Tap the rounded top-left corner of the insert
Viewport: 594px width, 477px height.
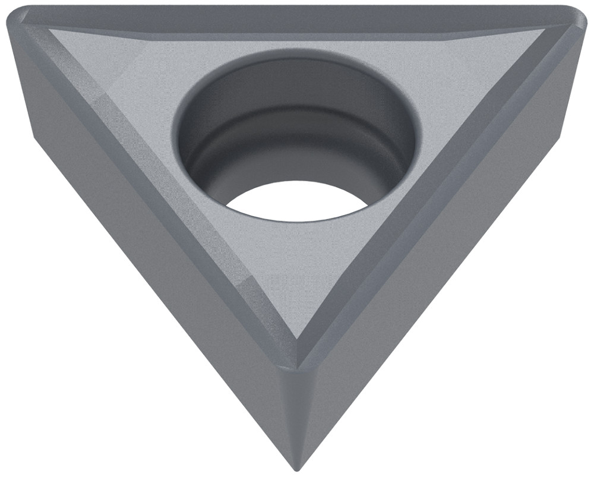pos(18,18)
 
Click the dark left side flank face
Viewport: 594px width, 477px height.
pos(148,249)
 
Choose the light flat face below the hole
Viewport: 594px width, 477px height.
pos(297,267)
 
